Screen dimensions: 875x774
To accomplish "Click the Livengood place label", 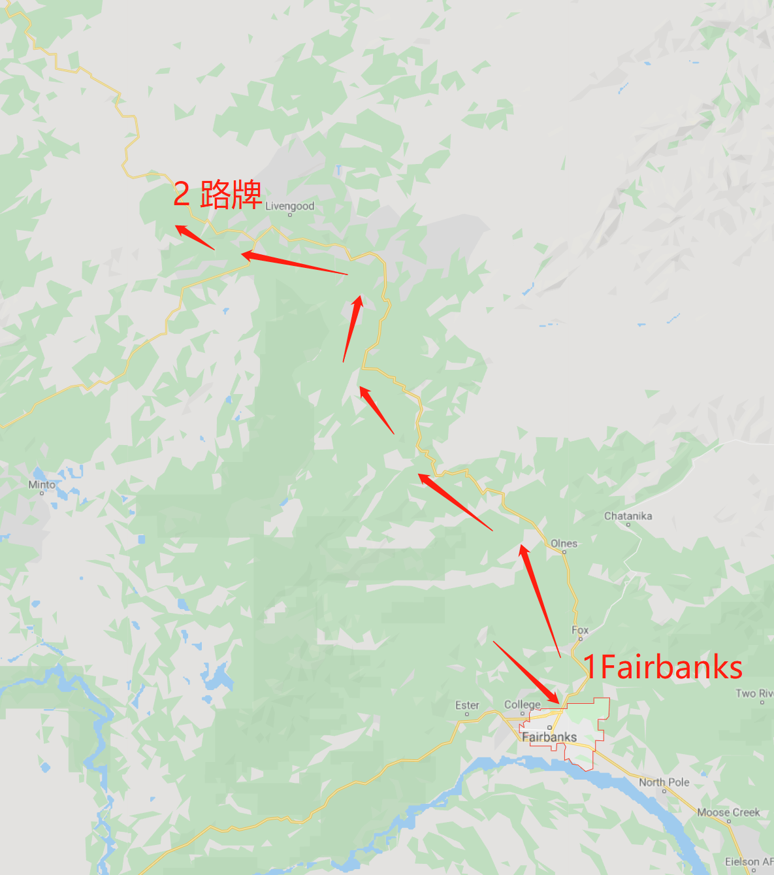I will click(289, 206).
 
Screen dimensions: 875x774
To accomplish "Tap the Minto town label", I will click(42, 485).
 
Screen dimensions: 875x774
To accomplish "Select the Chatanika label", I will click(628, 516).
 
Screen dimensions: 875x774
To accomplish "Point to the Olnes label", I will click(564, 544).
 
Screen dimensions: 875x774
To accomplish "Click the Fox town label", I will click(580, 631).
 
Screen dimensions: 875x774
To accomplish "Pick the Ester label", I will click(467, 706).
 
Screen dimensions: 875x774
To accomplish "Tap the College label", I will click(522, 704).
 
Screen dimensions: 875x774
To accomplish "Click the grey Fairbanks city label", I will click(549, 737).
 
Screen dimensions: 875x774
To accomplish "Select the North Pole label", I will click(664, 782).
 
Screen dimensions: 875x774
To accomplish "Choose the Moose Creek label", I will click(728, 812).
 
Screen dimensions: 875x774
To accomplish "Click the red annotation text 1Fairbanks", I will click(662, 667).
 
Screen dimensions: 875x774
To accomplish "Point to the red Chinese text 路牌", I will click(231, 194).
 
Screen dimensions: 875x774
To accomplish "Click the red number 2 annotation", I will click(182, 195).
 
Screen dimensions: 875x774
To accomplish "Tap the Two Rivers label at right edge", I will click(754, 693).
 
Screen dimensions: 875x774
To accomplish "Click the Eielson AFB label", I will click(749, 862).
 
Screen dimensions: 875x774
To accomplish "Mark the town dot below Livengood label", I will click(290, 214).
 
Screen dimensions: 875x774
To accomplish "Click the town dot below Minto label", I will click(42, 493).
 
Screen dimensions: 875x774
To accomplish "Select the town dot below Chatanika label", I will click(628, 524).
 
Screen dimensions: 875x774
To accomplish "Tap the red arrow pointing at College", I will click(526, 672).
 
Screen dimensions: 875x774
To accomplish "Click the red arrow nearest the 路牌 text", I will click(195, 238).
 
